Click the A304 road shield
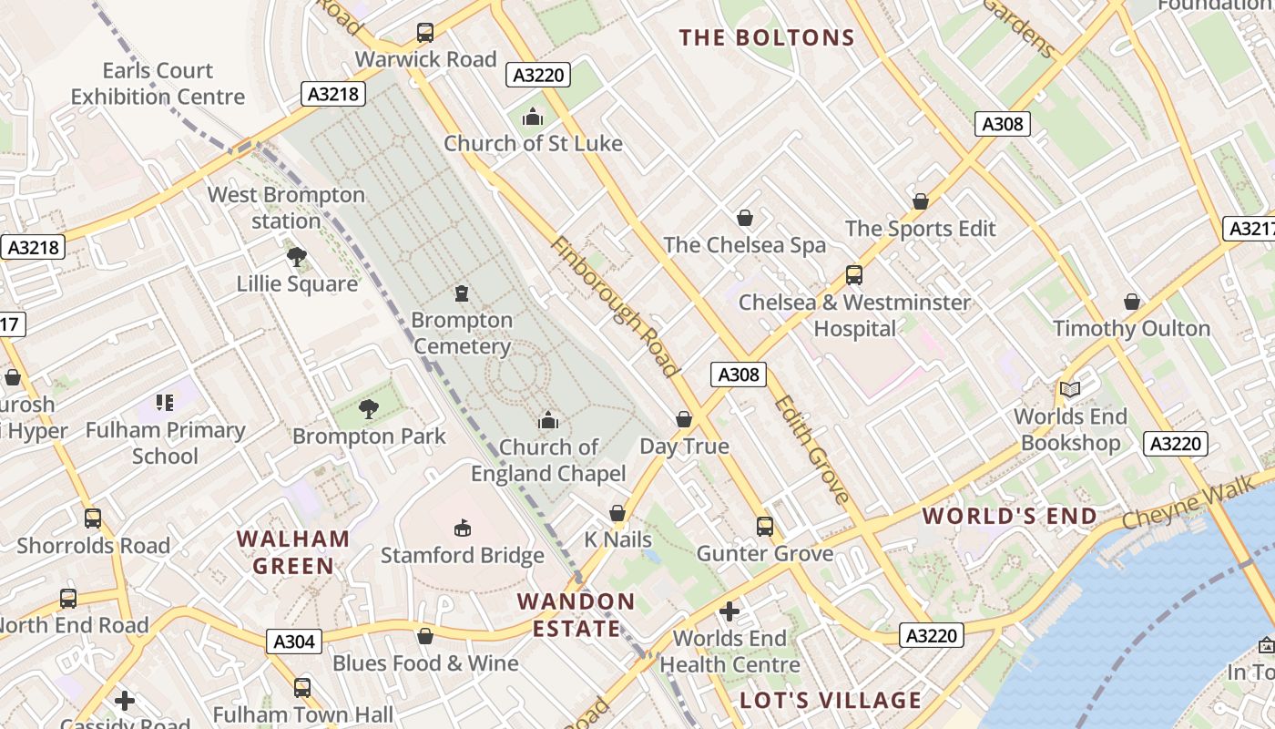(295, 642)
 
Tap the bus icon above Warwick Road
(425, 33)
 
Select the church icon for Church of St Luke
(533, 118)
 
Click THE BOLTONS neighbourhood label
(767, 37)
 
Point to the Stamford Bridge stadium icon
(463, 529)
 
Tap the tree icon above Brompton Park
(369, 409)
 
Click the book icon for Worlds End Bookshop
(1070, 390)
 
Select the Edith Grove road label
(812, 449)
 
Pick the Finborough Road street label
(615, 307)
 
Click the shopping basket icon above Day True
(684, 419)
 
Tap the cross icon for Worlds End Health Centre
(729, 611)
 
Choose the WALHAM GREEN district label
(293, 552)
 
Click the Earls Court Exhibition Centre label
(158, 84)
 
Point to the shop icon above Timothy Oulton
(1132, 302)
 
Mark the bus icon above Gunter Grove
(765, 527)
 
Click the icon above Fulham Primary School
(165, 403)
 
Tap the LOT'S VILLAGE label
(831, 700)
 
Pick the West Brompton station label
(286, 208)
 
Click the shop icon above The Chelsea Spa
(745, 218)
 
